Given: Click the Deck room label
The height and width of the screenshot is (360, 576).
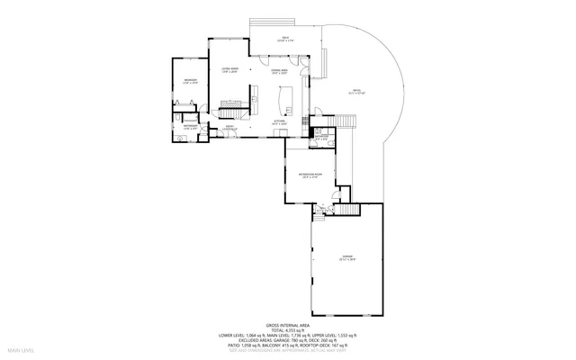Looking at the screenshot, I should (285, 39).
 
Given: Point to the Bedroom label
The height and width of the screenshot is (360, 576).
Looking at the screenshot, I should (190, 81).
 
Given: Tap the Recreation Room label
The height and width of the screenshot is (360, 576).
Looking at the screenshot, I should (310, 176).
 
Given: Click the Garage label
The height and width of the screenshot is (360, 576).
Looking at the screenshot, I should (346, 258).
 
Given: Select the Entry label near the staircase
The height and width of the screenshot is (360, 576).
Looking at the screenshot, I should (230, 127).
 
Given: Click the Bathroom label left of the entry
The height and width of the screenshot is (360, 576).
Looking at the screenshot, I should (190, 127).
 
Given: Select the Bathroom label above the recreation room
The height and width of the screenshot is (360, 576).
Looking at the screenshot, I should (321, 138).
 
